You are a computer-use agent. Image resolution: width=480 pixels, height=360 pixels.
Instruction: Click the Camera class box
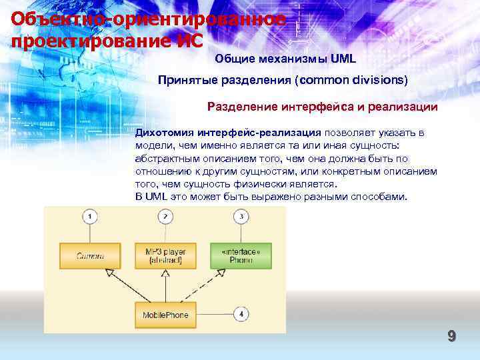(90, 255)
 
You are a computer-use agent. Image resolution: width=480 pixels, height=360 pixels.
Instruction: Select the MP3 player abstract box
(166, 255)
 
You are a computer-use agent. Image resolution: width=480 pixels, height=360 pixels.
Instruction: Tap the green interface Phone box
(241, 255)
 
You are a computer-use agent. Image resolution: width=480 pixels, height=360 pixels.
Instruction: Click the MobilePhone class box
(166, 314)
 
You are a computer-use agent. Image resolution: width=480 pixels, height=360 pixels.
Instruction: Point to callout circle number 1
(90, 217)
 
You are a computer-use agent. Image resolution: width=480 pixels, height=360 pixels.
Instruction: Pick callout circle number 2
(166, 217)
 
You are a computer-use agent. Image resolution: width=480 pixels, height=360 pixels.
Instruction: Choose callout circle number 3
(241, 217)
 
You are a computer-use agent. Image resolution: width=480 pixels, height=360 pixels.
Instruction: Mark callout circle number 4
(241, 314)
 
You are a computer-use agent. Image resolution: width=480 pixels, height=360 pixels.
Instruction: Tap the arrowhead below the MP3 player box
(166, 273)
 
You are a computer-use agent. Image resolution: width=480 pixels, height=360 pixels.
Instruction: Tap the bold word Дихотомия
(160, 133)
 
